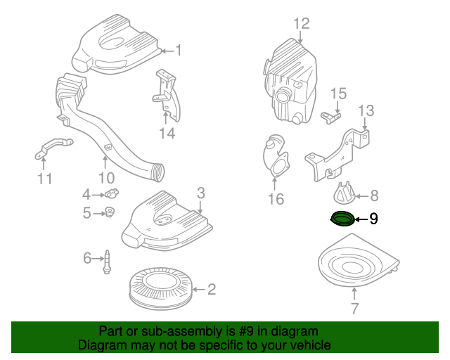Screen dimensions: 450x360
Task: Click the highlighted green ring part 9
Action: pyautogui.click(x=343, y=219)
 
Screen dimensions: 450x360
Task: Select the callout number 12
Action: pyautogui.click(x=301, y=24)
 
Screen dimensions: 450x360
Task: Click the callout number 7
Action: pyautogui.click(x=354, y=307)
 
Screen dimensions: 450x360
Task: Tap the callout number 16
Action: pyautogui.click(x=276, y=200)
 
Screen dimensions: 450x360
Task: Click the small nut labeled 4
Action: pyautogui.click(x=111, y=194)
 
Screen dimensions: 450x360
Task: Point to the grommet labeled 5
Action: pyautogui.click(x=110, y=212)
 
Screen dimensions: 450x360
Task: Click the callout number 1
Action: pyautogui.click(x=178, y=51)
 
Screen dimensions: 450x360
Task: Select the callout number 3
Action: pyautogui.click(x=200, y=192)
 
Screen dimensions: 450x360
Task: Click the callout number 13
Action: pyautogui.click(x=366, y=110)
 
